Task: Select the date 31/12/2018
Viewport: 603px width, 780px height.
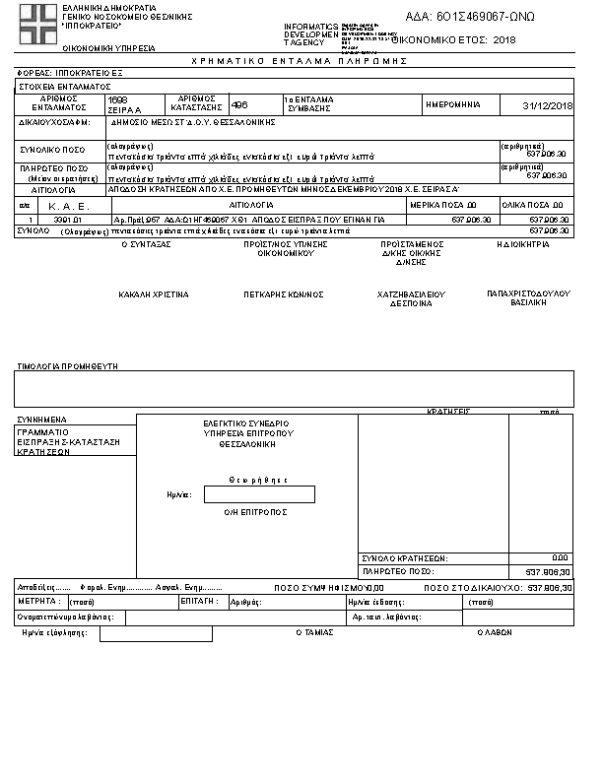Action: pyautogui.click(x=549, y=105)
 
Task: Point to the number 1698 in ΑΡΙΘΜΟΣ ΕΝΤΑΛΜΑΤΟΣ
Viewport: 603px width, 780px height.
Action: pyautogui.click(x=118, y=100)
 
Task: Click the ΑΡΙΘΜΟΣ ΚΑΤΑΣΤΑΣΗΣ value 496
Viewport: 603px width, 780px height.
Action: pyautogui.click(x=239, y=103)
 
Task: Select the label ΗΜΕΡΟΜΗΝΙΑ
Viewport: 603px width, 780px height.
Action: pyautogui.click(x=452, y=104)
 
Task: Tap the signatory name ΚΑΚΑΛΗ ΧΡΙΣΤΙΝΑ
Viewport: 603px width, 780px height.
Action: pyautogui.click(x=153, y=294)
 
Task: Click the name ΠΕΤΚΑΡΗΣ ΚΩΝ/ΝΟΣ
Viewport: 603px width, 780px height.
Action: pyautogui.click(x=284, y=294)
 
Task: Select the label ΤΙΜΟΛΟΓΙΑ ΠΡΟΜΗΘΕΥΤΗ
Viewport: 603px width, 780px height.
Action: pyautogui.click(x=67, y=365)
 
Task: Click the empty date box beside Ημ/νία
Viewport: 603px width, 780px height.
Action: pyautogui.click(x=259, y=494)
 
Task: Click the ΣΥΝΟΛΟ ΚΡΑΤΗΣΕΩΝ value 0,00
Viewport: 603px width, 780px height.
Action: pyautogui.click(x=559, y=558)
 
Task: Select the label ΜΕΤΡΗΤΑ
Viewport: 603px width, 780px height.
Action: pyautogui.click(x=40, y=601)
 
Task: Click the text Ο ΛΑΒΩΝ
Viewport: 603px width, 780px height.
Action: pyautogui.click(x=495, y=633)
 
